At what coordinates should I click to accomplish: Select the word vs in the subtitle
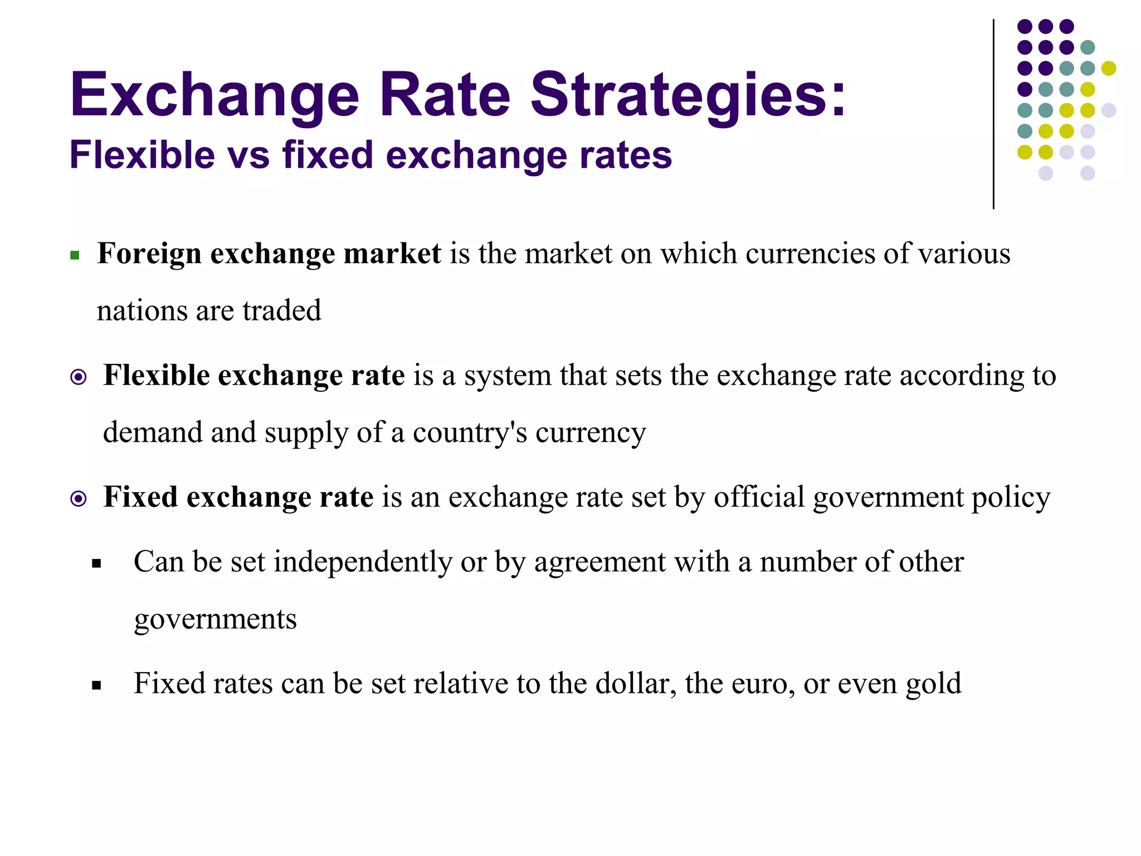[x=248, y=155]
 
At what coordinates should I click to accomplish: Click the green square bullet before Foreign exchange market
[x=75, y=256]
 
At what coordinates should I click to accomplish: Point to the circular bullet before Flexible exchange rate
[x=79, y=377]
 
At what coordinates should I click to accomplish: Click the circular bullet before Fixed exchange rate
[x=79, y=499]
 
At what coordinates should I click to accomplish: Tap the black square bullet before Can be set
[x=97, y=564]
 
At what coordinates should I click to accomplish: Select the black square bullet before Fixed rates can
[x=97, y=685]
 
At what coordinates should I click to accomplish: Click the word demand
[x=152, y=432]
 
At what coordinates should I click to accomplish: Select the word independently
[x=362, y=562]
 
